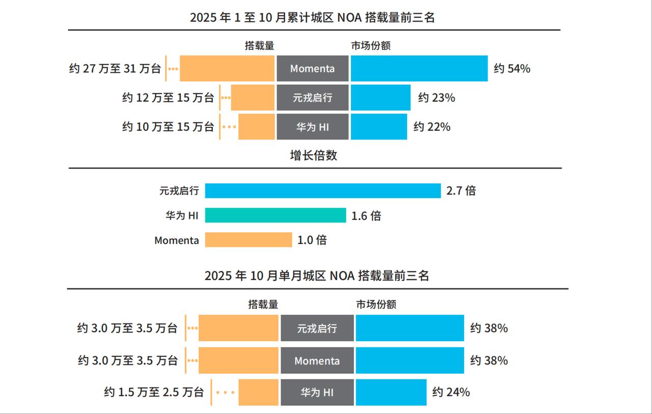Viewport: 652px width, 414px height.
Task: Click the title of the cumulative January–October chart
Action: point(312,17)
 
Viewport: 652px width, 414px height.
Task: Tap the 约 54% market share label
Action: point(512,69)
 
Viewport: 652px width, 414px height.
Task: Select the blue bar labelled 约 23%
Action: point(381,98)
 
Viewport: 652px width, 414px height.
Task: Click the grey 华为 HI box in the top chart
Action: point(312,127)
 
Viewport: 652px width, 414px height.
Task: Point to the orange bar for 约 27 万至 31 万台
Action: point(227,69)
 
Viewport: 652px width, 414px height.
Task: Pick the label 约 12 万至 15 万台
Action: point(168,98)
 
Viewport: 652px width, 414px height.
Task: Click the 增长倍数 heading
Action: point(313,155)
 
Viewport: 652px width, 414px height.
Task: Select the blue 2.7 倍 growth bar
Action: point(322,191)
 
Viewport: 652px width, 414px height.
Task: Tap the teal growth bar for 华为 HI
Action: point(275,215)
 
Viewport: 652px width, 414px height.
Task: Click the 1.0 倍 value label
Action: point(312,240)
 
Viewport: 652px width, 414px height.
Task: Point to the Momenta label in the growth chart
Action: point(177,240)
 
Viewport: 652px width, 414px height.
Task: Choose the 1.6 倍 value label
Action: point(366,216)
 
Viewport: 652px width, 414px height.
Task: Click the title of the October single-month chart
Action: point(316,276)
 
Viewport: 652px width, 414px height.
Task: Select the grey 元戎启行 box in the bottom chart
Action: point(317,328)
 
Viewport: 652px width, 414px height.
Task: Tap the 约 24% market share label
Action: point(451,392)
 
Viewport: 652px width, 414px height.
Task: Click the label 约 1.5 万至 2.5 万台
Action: point(154,392)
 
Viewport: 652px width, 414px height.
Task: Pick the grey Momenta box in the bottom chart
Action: point(317,361)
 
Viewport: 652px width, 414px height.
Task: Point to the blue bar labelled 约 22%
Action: point(379,127)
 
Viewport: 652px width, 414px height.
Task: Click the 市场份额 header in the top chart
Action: point(371,46)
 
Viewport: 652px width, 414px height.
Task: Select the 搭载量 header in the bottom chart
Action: point(263,305)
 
